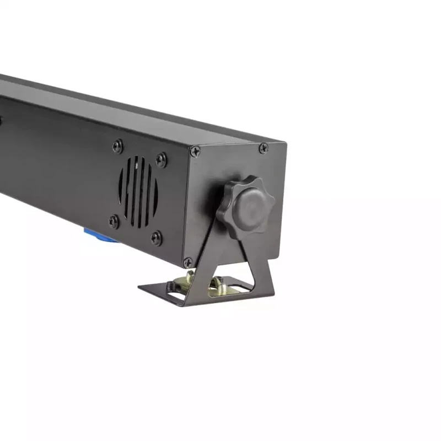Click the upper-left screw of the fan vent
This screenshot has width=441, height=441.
point(117,146)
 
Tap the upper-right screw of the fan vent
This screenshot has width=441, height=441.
point(160,160)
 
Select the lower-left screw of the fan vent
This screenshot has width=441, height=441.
point(114,221)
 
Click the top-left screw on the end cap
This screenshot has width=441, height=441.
point(195,150)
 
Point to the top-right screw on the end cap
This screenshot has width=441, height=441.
point(263,148)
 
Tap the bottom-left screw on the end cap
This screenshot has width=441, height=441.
point(188,262)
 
